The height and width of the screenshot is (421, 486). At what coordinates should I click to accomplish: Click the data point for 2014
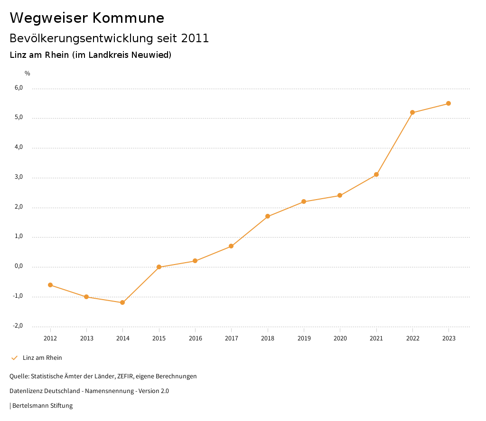122,302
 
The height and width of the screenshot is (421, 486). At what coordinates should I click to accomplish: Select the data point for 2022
412,112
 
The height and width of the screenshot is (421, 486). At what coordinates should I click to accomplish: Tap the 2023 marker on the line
449,103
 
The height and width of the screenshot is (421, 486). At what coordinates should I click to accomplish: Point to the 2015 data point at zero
159,267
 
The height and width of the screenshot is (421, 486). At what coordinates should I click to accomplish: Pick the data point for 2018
268,216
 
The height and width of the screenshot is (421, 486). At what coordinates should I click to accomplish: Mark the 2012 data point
50,285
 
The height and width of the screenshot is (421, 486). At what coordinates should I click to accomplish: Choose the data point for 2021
376,174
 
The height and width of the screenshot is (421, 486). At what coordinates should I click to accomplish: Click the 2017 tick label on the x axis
232,339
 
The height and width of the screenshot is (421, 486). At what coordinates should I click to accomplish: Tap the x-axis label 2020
340,339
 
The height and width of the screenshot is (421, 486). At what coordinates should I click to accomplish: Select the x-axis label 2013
86,339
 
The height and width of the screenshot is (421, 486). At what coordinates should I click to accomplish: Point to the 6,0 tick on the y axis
19,88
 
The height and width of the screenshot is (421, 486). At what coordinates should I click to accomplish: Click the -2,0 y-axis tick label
18,326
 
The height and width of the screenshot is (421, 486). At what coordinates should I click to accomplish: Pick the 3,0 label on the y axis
19,177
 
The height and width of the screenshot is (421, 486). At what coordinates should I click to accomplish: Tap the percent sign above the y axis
28,73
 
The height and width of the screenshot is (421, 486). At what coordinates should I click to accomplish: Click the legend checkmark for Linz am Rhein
14,358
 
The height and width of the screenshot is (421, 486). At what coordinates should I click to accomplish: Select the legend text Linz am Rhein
42,358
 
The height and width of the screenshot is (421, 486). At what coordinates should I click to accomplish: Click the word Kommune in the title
129,18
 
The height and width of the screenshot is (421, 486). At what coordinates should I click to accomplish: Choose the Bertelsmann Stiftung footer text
42,406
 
